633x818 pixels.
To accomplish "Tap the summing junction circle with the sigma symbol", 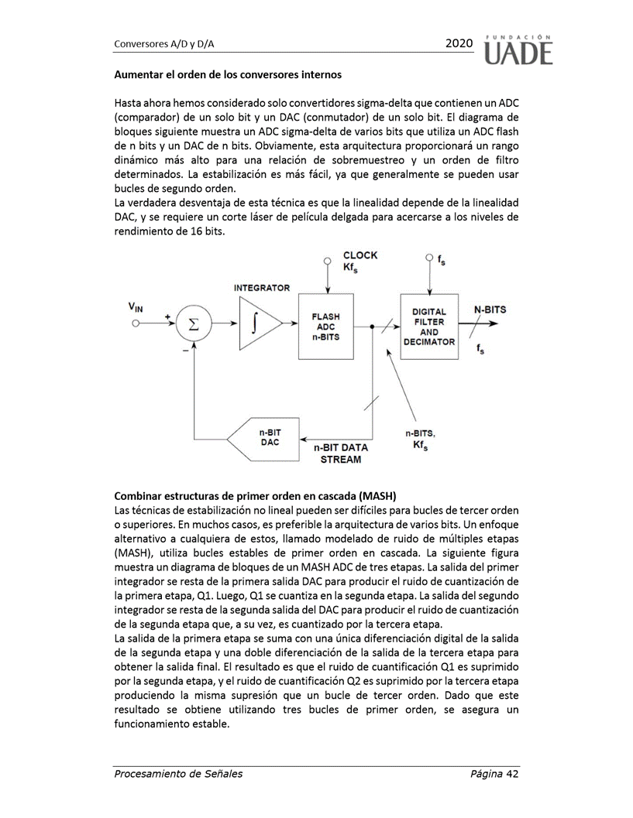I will pyautogui.click(x=194, y=326).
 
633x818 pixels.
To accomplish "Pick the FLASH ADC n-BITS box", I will pyautogui.click(x=325, y=327).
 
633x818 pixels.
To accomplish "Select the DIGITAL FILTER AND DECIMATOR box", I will pyautogui.click(x=428, y=326).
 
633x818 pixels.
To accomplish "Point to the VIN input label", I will pyautogui.click(x=136, y=307).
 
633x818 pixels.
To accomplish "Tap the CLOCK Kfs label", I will pyautogui.click(x=360, y=261).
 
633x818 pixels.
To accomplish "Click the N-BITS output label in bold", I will pyautogui.click(x=490, y=310).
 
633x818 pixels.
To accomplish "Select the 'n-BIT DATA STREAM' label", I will pyautogui.click(x=341, y=453).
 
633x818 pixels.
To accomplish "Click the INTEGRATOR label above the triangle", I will pyautogui.click(x=262, y=288).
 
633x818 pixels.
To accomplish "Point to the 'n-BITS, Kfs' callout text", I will pyautogui.click(x=421, y=439).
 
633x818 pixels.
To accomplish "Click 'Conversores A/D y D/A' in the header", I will pyautogui.click(x=163, y=45).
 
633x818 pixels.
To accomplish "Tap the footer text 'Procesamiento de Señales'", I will pyautogui.click(x=178, y=774).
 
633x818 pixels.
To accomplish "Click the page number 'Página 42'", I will pyautogui.click(x=494, y=774).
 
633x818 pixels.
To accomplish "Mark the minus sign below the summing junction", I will pyautogui.click(x=185, y=350).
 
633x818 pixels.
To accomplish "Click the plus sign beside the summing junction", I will pyautogui.click(x=167, y=316).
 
